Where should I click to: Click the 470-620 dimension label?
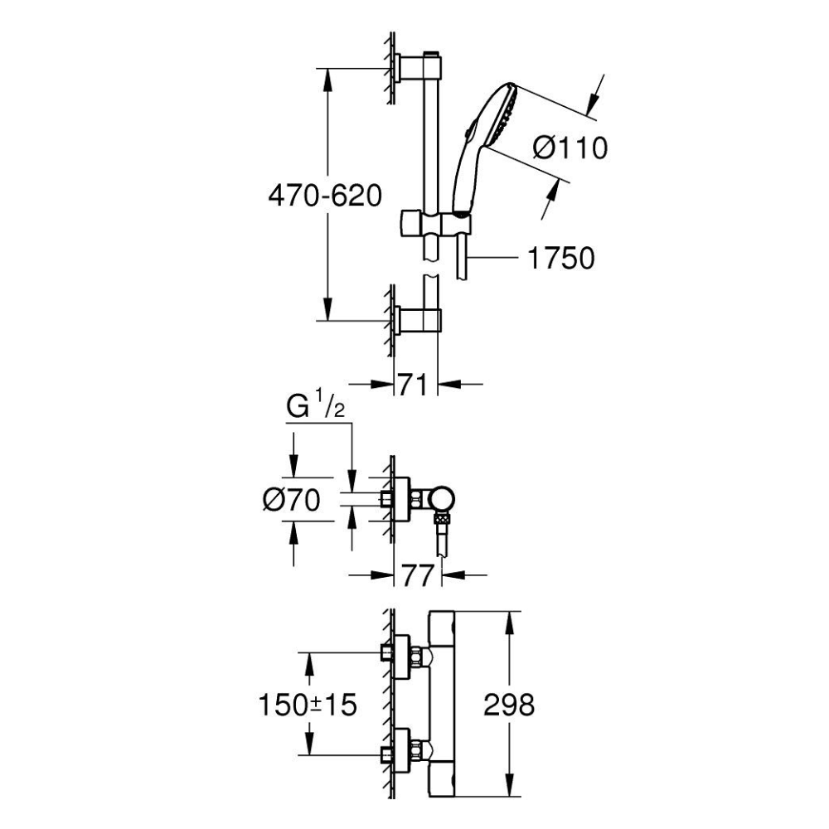pos(325,196)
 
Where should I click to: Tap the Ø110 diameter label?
pos(570,148)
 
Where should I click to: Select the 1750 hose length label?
pos(561,258)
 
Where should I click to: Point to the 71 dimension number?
pos(412,385)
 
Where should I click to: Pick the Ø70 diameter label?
pos(291,500)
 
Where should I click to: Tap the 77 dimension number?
pos(418,575)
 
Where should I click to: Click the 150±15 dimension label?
pos(308,705)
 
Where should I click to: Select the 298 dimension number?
pos(509,705)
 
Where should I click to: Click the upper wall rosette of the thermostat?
pos(402,656)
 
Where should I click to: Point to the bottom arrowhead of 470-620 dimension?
pos(327,308)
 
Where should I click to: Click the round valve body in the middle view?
pos(442,500)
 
